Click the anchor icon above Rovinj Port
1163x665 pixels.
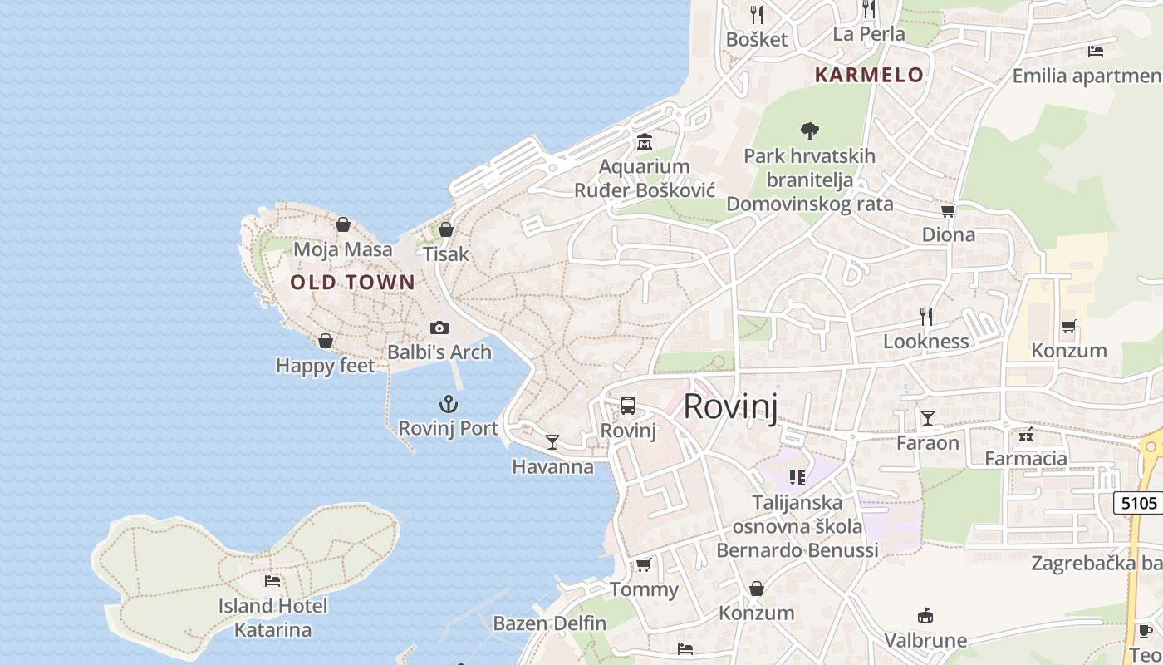pyautogui.click(x=449, y=405)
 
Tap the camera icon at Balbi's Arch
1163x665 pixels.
pyautogui.click(x=439, y=328)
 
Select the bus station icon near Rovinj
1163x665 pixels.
pyautogui.click(x=628, y=406)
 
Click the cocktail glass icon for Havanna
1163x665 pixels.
pyautogui.click(x=552, y=441)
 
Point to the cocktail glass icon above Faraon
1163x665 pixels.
pyautogui.click(x=927, y=417)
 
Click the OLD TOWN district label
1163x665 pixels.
pyautogui.click(x=352, y=283)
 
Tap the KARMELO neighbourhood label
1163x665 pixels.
pyautogui.click(x=869, y=75)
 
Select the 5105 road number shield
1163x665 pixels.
pyautogui.click(x=1138, y=503)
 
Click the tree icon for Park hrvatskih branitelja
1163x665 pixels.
pyautogui.click(x=809, y=131)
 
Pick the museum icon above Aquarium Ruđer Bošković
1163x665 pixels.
pyautogui.click(x=645, y=141)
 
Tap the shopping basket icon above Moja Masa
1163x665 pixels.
pyautogui.click(x=342, y=224)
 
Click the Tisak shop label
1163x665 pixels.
pyautogui.click(x=446, y=254)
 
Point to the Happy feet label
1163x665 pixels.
pyautogui.click(x=325, y=366)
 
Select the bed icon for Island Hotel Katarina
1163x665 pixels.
pyautogui.click(x=272, y=581)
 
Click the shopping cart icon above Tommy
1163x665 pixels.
pyautogui.click(x=643, y=565)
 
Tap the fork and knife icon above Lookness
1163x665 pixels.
pyautogui.click(x=926, y=316)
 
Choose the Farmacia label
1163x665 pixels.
pyautogui.click(x=1026, y=458)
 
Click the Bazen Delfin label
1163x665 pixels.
pyautogui.click(x=550, y=623)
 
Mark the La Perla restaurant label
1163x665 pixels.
pyautogui.click(x=869, y=34)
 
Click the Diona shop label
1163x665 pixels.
pyautogui.click(x=949, y=235)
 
